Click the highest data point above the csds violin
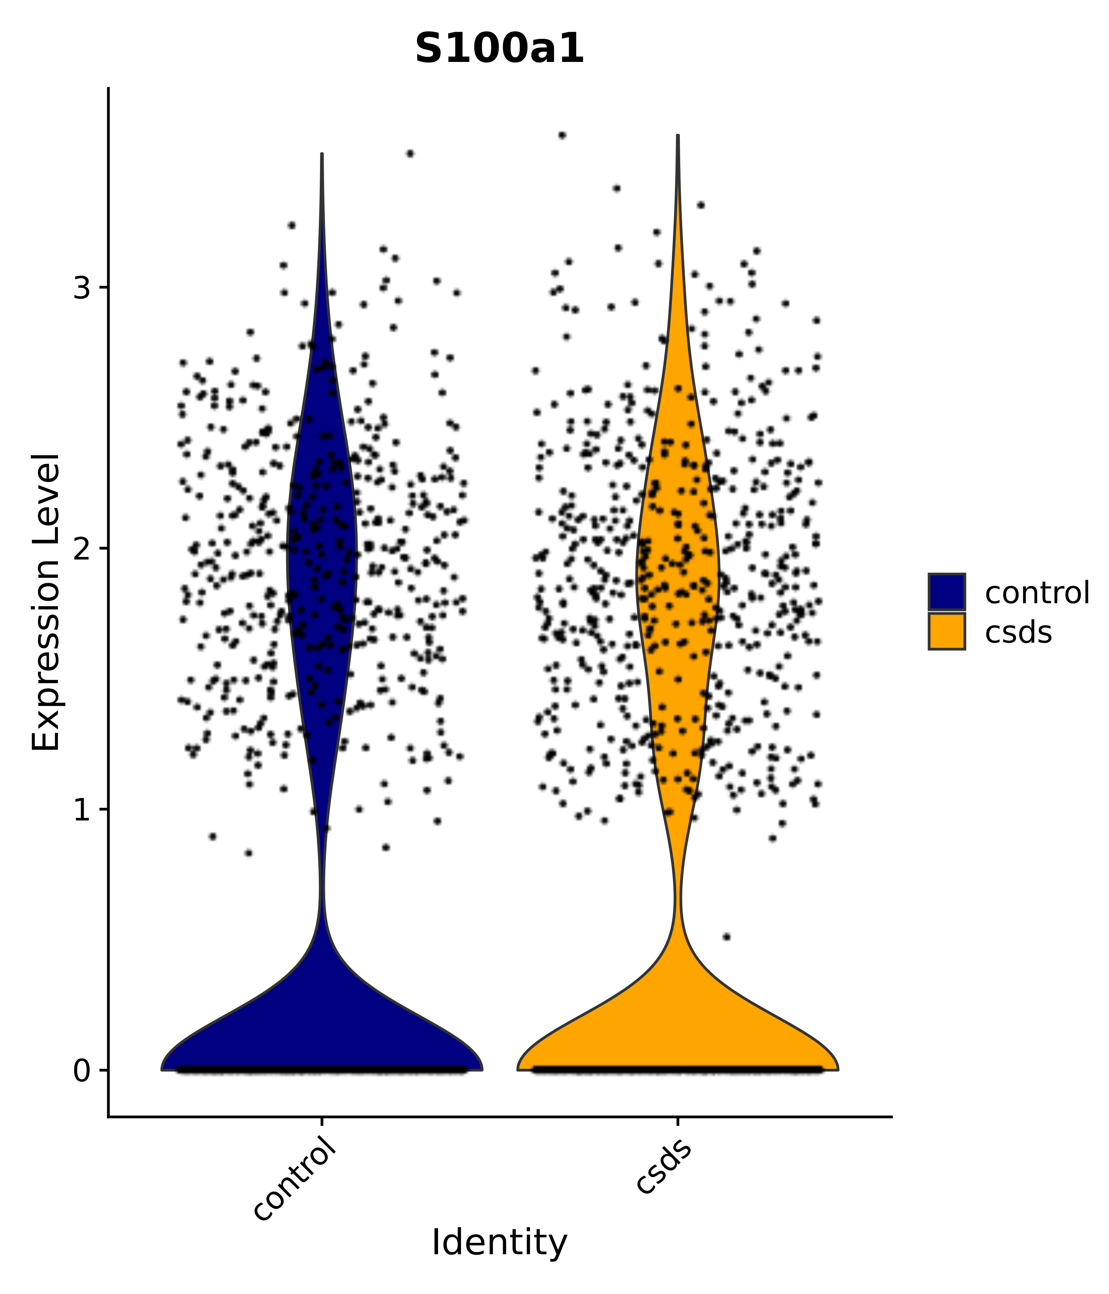pyautogui.click(x=562, y=135)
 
